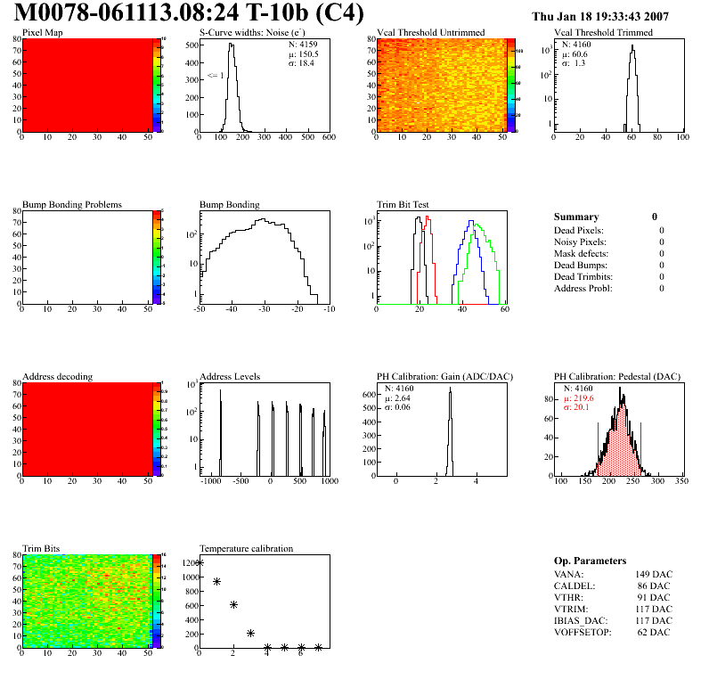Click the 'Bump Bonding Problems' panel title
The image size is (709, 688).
72,205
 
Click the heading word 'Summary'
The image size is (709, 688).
576,217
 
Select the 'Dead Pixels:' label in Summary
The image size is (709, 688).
580,230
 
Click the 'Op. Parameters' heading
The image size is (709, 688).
590,561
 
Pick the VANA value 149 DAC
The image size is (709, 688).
654,574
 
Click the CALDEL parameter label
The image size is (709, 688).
575,586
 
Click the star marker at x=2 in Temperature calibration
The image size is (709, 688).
234,604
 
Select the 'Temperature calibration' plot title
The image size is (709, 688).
246,548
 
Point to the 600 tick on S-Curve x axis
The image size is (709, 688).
329,137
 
